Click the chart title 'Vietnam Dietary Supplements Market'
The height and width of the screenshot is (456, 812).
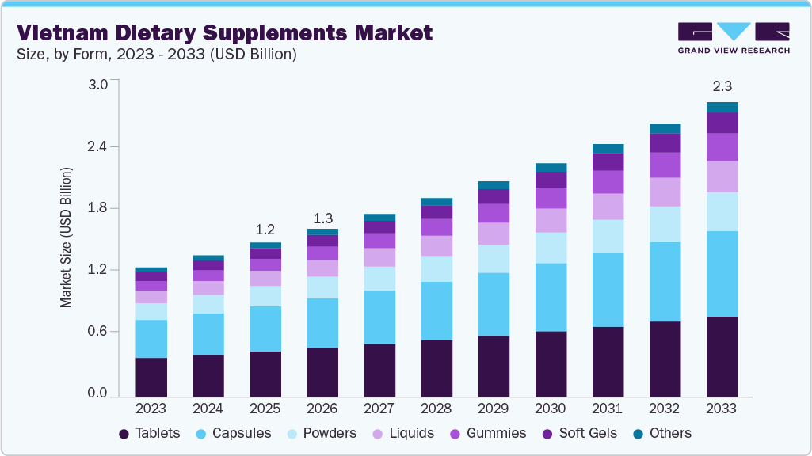click(224, 32)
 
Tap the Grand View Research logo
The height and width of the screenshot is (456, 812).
click(733, 37)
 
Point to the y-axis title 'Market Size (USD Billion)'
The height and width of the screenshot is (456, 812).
click(67, 237)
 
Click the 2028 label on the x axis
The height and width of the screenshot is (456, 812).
click(436, 409)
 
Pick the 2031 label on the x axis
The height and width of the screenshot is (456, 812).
click(608, 409)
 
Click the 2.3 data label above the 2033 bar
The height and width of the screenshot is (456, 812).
click(722, 85)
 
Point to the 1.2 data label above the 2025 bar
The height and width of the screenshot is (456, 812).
click(265, 230)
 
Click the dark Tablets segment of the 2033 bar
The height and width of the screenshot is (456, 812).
click(722, 356)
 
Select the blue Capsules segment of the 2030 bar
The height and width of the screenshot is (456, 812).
click(551, 297)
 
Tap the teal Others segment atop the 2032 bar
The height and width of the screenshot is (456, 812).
click(665, 128)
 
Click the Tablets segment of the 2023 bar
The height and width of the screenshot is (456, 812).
click(151, 377)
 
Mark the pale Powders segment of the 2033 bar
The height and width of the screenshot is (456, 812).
click(722, 211)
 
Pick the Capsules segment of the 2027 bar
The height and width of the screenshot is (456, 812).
click(379, 317)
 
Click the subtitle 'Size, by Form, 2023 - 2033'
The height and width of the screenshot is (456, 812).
click(157, 55)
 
